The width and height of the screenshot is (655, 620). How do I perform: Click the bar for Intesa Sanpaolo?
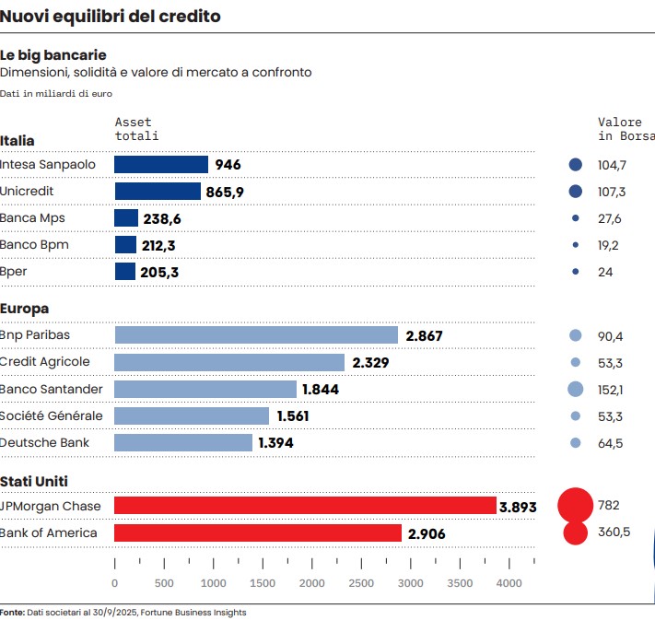(x=161, y=164)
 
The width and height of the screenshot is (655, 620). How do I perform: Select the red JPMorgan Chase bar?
(x=305, y=505)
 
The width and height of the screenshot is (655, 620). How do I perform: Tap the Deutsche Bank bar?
(x=183, y=443)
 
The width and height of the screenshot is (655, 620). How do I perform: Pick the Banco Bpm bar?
(x=125, y=245)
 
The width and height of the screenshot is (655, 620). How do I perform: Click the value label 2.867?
(x=424, y=336)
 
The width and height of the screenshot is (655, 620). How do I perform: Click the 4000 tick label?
(x=509, y=583)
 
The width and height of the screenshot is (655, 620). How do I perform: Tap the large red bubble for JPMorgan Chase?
(x=576, y=505)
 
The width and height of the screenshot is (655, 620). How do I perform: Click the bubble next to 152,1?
(x=576, y=389)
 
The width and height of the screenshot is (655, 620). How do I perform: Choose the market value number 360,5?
(x=614, y=532)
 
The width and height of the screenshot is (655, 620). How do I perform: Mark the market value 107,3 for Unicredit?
(x=612, y=192)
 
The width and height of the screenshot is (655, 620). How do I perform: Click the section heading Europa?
(x=25, y=309)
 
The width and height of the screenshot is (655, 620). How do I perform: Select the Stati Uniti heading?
(x=34, y=481)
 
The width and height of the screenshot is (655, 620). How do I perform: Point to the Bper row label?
(x=14, y=272)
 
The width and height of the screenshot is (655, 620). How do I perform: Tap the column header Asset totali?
(x=136, y=129)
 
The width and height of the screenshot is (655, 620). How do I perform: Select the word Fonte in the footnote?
(x=12, y=612)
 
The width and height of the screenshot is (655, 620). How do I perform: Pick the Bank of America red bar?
(x=258, y=532)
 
